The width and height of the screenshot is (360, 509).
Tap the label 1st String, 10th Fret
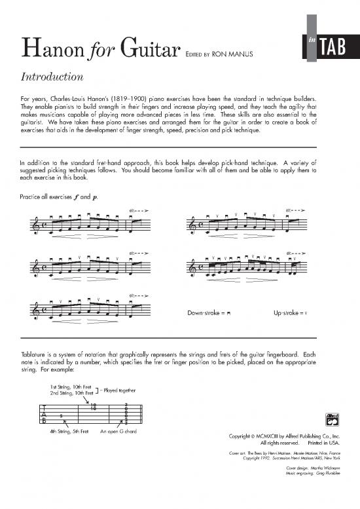[x=71, y=386]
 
